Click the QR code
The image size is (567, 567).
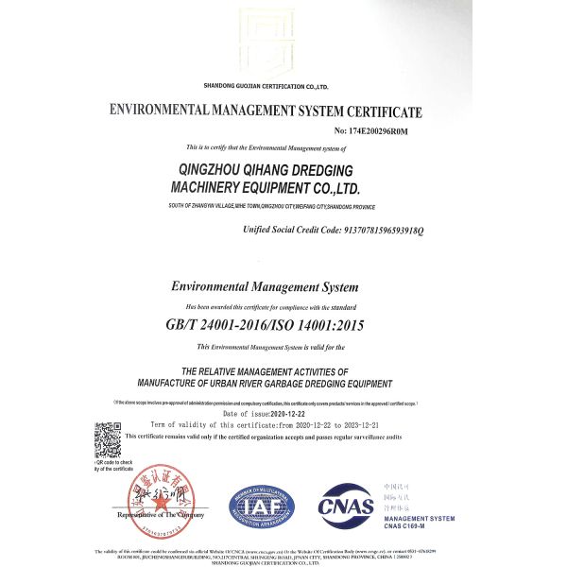(107, 439)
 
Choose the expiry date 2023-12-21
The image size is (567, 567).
(376, 425)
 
